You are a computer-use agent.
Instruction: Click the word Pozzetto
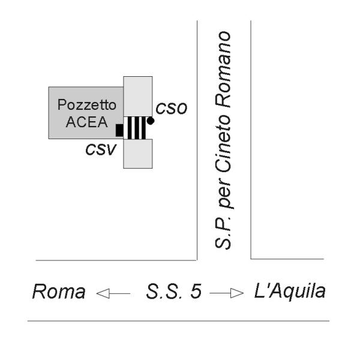(x=83, y=104)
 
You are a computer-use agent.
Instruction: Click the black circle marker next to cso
(x=151, y=121)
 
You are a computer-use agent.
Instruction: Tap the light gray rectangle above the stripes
(x=137, y=96)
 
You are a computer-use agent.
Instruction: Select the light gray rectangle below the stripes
(x=137, y=154)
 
